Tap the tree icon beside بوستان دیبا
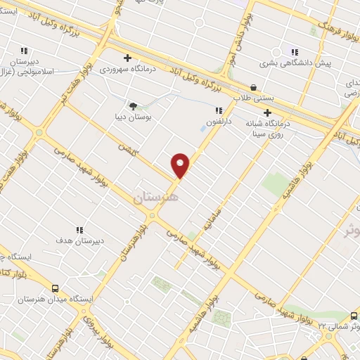133,105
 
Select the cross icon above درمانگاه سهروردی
127,58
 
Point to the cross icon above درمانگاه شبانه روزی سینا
267,112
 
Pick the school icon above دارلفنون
219,110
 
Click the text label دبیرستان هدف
80,240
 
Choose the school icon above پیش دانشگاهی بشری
295,51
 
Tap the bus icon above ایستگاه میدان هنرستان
55,288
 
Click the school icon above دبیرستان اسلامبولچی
25,51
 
